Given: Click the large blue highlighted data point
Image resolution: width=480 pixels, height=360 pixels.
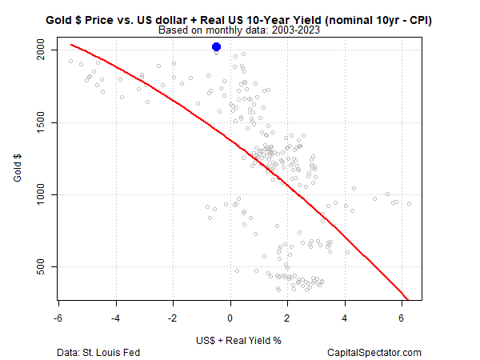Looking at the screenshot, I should point(216,47).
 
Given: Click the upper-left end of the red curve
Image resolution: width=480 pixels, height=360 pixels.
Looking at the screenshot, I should point(71,45).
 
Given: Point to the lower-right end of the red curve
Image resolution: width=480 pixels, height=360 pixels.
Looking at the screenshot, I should point(407,298).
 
